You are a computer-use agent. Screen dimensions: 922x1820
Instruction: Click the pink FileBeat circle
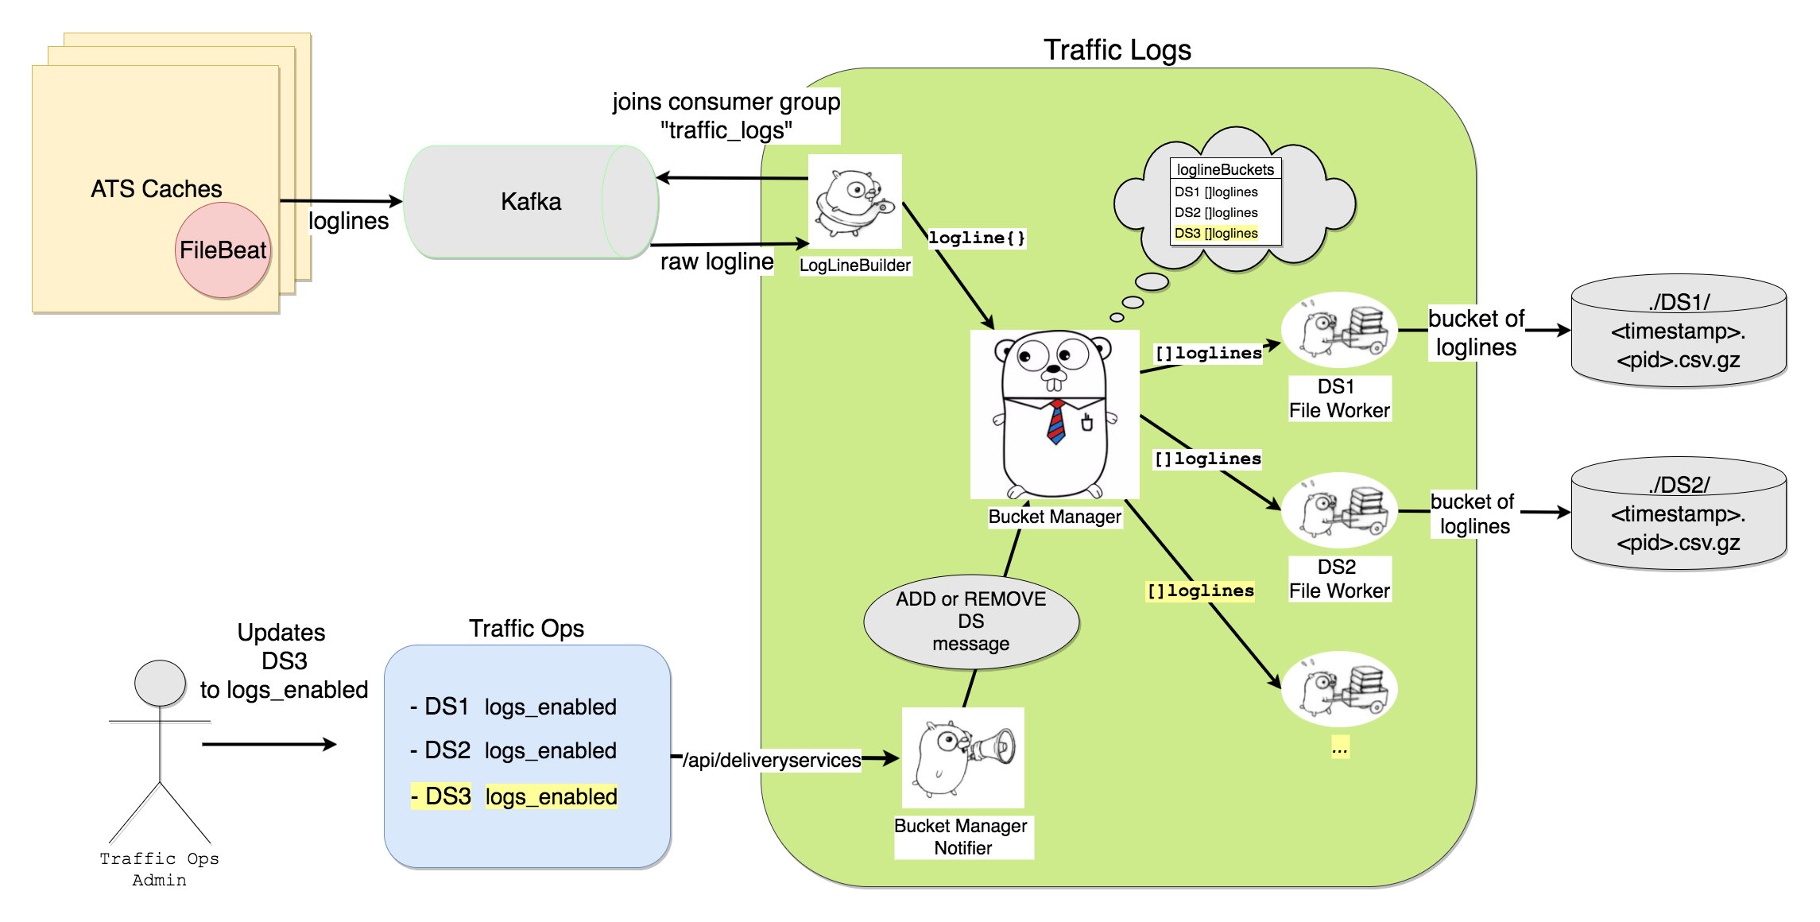point(223,250)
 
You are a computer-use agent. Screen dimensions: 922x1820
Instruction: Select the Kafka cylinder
point(531,202)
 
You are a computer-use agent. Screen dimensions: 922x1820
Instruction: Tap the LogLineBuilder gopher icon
point(855,202)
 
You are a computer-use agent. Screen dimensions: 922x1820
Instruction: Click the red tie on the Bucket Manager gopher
point(1056,422)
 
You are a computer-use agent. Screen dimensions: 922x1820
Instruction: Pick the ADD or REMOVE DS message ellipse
point(971,622)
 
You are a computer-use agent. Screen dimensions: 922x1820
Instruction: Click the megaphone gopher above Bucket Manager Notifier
point(963,757)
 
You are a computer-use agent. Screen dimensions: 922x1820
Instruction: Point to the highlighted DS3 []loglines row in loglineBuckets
point(1216,234)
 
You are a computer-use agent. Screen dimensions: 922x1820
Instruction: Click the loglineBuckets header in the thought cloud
point(1225,169)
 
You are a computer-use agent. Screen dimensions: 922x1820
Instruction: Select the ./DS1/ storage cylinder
point(1679,331)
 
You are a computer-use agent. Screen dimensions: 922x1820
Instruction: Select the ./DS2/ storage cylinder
point(1679,514)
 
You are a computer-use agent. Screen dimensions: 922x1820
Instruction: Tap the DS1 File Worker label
point(1339,399)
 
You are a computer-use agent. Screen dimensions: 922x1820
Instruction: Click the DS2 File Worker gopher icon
point(1340,510)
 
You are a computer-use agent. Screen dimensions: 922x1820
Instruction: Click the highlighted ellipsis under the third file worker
point(1340,748)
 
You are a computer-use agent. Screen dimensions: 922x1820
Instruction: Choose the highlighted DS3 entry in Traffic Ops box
point(441,796)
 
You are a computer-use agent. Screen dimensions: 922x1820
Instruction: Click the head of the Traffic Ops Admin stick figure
point(160,683)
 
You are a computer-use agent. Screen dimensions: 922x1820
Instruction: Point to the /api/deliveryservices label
point(772,761)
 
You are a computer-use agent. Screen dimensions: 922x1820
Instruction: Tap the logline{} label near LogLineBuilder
point(977,238)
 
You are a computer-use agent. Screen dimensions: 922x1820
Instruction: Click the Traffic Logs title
point(1117,50)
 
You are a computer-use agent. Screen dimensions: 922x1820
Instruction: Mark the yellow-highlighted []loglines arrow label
point(1200,591)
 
